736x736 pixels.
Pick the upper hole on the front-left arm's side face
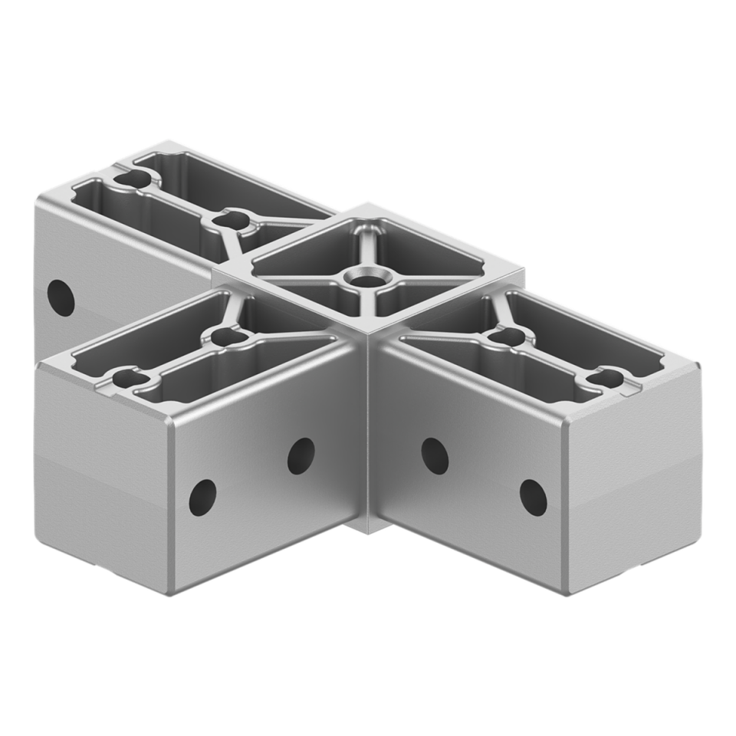coord(301,455)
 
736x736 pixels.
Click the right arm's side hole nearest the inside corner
coord(434,455)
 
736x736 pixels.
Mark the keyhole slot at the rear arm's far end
coord(133,179)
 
